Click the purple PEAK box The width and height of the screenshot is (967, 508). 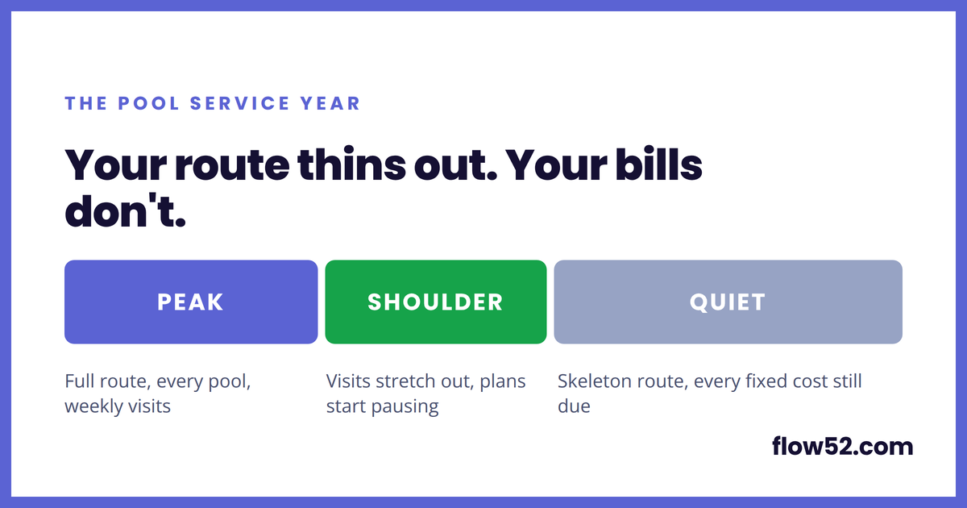tap(191, 302)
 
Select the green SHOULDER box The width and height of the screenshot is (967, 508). tap(436, 302)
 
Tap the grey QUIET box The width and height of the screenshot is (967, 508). tap(728, 302)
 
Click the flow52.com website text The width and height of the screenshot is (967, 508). tap(842, 446)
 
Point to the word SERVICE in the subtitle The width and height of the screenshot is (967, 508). tap(239, 104)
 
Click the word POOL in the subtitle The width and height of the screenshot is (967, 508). tap(148, 104)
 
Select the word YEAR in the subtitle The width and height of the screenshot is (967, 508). tap(330, 104)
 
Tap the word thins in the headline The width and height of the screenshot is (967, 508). tap(351, 164)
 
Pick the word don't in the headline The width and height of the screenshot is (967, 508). tap(125, 210)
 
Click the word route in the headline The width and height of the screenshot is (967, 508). tap(232, 165)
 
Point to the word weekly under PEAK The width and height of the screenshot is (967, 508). tap(87, 406)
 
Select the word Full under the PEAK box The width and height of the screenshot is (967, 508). tap(80, 381)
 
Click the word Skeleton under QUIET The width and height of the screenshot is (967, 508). tap(593, 381)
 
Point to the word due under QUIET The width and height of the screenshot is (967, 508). tap(574, 406)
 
